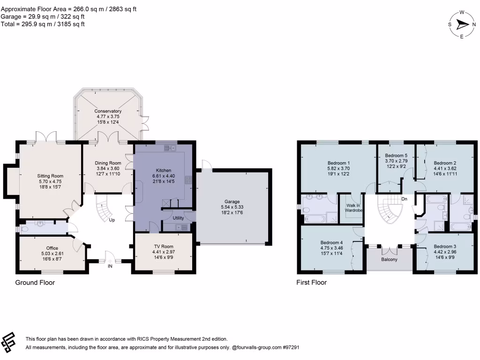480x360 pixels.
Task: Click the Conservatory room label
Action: click(x=105, y=111)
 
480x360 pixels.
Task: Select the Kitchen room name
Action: click(x=163, y=170)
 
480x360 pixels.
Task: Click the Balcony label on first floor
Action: click(x=389, y=259)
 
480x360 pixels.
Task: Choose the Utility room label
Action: click(x=178, y=218)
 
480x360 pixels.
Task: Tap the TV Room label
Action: click(x=163, y=247)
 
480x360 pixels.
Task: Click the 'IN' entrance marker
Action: click(x=110, y=266)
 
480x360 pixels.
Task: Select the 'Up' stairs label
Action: click(x=112, y=219)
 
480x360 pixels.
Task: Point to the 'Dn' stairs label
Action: click(x=405, y=199)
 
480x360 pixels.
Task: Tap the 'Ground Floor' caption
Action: click(x=35, y=283)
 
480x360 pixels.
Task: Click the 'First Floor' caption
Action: click(x=311, y=283)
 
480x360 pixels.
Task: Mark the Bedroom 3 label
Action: click(x=445, y=247)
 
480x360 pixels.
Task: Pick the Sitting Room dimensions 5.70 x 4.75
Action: click(x=50, y=181)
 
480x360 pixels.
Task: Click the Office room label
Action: click(x=52, y=248)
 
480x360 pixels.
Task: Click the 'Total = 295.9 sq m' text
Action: click(x=43, y=24)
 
